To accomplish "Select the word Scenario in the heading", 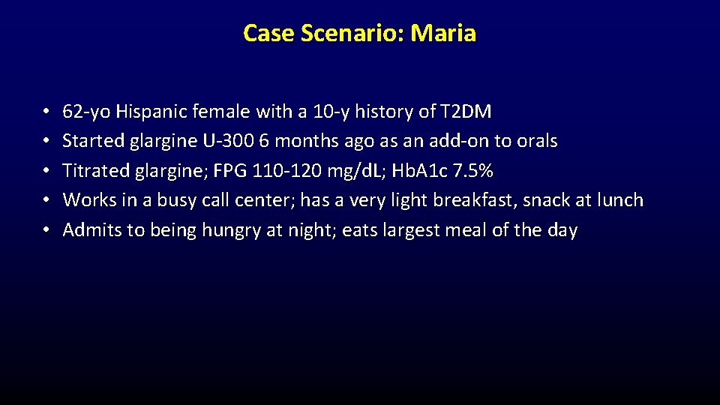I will (345, 33).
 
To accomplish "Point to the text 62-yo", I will (86, 112).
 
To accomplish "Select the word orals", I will (535, 142).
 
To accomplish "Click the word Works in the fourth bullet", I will (85, 200).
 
